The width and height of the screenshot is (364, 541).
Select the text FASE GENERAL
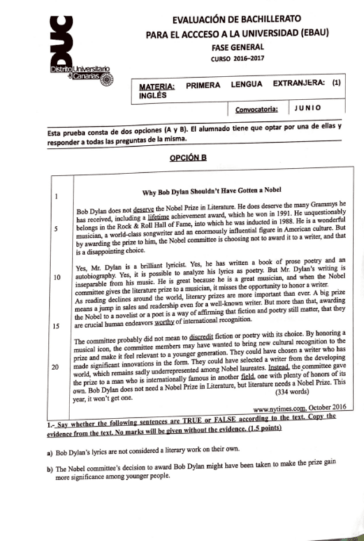coord(236,48)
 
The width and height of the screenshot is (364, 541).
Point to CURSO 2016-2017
coord(236,59)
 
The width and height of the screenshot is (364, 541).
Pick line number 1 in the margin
coord(57,197)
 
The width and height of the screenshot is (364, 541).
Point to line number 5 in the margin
coord(57,230)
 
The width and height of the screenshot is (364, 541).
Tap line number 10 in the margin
coord(57,278)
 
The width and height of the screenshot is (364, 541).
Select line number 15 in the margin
coord(57,325)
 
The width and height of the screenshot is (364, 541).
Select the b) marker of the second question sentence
coord(50,470)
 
